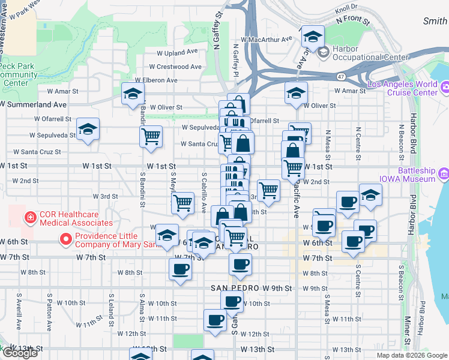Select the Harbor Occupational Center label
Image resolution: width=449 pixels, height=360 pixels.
coord(358,53)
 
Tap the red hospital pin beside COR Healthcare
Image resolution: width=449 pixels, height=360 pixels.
coord(29,217)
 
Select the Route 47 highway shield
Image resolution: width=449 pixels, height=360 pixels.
coord(340,77)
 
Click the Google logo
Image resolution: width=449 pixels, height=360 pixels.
coord(19,353)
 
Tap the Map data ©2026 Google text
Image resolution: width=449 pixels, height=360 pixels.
coord(412,355)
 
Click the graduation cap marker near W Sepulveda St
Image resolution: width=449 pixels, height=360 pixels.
coord(88,129)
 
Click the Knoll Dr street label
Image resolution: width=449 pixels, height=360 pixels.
coord(346,9)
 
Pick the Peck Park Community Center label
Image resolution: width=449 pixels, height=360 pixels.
coord(17,74)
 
